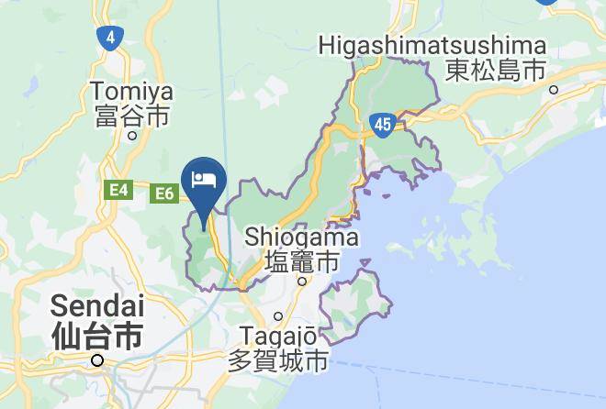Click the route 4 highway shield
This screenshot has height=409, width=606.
point(110,38)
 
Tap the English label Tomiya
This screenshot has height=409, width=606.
point(132,92)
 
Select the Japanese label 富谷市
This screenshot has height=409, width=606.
point(132,116)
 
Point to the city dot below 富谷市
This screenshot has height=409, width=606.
point(132,135)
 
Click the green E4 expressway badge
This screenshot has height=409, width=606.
point(118,190)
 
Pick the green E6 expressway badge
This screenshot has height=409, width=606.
point(164,193)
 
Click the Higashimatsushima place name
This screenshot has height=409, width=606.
point(432,45)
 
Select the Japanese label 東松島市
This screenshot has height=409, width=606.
point(496,69)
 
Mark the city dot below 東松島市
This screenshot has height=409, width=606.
point(554,89)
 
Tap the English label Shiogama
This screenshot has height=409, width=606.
point(301,238)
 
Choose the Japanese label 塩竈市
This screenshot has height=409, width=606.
point(301,261)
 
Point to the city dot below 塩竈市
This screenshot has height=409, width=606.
point(302,282)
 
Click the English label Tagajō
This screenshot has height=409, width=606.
point(277,336)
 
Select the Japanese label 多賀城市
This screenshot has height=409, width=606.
point(277,359)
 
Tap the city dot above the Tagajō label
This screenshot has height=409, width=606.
point(278,316)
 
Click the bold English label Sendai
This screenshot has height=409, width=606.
point(96,304)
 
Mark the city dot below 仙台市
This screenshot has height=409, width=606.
point(96,360)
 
